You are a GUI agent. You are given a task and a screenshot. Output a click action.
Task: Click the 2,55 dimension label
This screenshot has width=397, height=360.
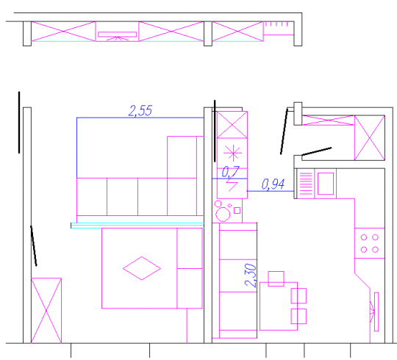[x=140, y=111]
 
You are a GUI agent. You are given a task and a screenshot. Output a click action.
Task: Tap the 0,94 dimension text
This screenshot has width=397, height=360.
[x=273, y=184]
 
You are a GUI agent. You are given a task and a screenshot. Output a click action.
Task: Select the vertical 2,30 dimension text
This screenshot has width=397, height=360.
[x=251, y=276]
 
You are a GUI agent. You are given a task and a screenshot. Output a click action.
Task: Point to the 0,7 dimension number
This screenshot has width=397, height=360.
[x=230, y=172]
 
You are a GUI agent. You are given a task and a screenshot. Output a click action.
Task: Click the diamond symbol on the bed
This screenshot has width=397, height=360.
[x=142, y=268]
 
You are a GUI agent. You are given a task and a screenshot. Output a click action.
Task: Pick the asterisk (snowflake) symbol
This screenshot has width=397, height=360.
[x=233, y=153]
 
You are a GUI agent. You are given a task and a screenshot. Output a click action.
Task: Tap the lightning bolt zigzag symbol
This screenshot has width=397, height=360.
[x=232, y=184]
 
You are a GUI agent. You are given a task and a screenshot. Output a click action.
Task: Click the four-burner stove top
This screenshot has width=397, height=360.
[x=369, y=243]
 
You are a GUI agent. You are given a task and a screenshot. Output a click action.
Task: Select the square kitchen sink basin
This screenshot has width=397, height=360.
[x=326, y=184]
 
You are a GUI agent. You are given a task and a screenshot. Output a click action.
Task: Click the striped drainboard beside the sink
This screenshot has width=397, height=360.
[x=306, y=184]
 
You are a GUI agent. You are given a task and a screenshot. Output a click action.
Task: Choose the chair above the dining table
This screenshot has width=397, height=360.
[x=276, y=278]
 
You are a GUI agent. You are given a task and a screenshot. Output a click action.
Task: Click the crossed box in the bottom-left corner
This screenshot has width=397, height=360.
[x=46, y=311]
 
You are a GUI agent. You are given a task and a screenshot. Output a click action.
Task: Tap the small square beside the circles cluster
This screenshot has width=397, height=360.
[x=237, y=210]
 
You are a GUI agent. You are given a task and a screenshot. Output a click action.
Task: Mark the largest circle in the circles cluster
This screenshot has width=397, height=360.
[x=223, y=215]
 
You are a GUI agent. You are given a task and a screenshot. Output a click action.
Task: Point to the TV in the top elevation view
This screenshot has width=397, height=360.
[x=117, y=35]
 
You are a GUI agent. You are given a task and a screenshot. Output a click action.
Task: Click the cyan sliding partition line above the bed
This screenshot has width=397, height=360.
[x=137, y=226]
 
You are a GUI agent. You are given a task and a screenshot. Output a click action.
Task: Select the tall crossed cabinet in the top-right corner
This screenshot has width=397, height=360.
[x=369, y=138]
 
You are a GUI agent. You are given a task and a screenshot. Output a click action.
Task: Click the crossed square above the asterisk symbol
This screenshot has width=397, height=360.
[x=232, y=125]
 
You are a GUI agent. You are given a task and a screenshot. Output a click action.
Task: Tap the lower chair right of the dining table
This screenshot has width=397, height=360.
[x=298, y=316]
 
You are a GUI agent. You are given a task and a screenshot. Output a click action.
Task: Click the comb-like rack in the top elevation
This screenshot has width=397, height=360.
[x=279, y=28]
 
